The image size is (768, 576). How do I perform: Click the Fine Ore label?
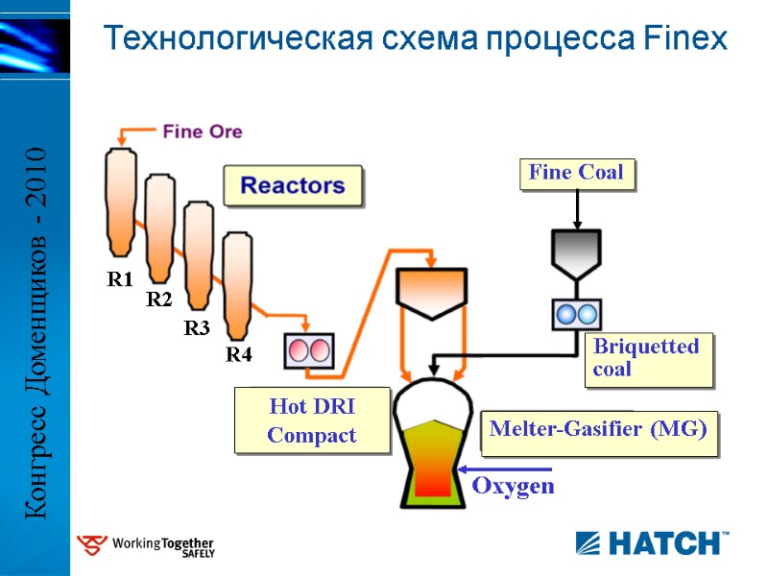coord(202,132)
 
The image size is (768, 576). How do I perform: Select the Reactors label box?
coord(293,185)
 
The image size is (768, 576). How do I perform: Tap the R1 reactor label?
coord(119,280)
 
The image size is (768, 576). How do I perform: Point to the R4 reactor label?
coord(238,355)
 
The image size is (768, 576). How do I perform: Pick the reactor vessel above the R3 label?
coord(198,255)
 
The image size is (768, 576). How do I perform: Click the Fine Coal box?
coord(576,173)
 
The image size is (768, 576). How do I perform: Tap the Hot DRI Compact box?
coord(312,420)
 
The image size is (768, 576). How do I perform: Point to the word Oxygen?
coord(513,486)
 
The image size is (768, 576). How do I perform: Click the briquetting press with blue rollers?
coord(576,314)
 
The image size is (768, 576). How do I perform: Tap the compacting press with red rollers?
coord(309,350)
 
